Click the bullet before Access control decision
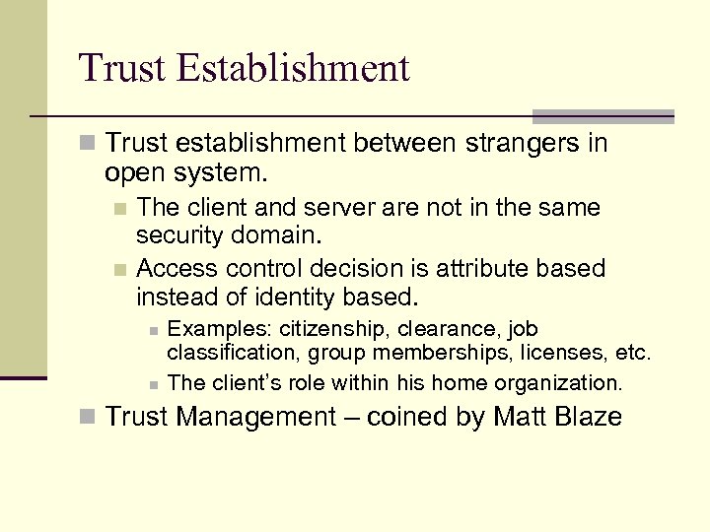point(119,269)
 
